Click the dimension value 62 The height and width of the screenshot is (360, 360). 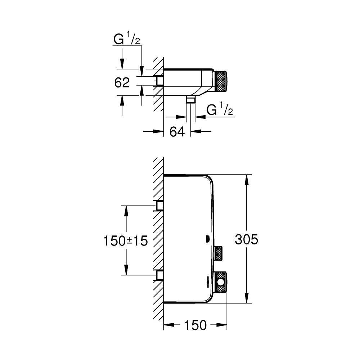click(122, 82)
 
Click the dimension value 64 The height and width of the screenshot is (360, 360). click(177, 132)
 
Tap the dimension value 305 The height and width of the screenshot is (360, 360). click(247, 239)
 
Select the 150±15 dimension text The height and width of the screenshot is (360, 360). click(125, 240)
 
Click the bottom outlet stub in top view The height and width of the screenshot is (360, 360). click(190, 99)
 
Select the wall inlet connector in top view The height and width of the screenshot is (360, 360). click(159, 81)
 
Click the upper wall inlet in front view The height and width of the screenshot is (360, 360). click(159, 206)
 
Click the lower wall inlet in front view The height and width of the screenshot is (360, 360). click(159, 275)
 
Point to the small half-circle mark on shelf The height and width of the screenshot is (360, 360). click(207, 238)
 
